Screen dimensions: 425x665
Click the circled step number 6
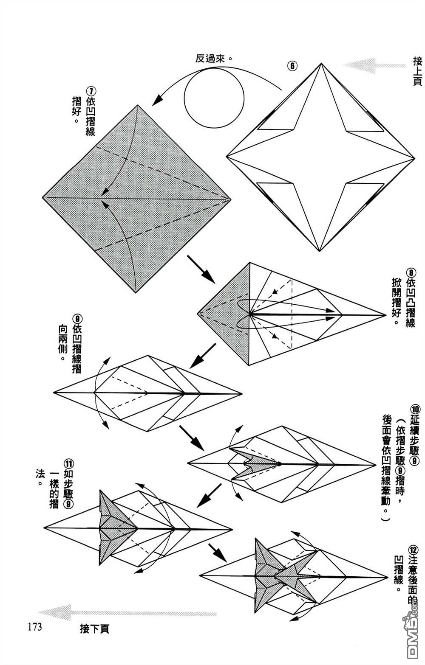click(292, 66)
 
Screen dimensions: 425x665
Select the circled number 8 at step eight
click(411, 272)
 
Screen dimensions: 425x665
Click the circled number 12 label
click(413, 550)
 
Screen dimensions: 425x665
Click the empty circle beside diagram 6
click(214, 98)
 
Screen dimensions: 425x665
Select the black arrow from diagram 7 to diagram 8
click(201, 269)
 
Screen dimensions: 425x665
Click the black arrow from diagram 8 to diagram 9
click(203, 356)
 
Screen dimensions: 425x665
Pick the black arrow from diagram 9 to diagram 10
click(191, 438)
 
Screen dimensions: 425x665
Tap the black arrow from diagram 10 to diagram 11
click(209, 496)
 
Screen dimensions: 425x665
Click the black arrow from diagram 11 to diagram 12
click(218, 553)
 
